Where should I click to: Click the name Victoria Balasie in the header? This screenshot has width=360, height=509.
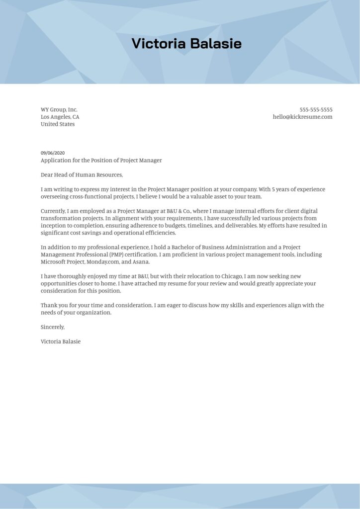[186, 44]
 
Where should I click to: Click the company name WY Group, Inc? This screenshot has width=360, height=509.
[59, 109]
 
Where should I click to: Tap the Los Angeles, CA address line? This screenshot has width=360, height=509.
[60, 117]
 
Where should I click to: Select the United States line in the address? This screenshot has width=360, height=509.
[58, 124]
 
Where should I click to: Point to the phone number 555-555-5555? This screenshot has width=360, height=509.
[316, 109]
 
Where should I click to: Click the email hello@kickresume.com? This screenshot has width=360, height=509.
[302, 117]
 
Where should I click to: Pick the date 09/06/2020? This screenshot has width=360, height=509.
[53, 153]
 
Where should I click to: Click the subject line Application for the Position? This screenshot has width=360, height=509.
[101, 160]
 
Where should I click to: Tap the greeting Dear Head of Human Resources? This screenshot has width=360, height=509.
[81, 174]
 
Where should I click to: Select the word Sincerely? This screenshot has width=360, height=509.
[53, 327]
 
